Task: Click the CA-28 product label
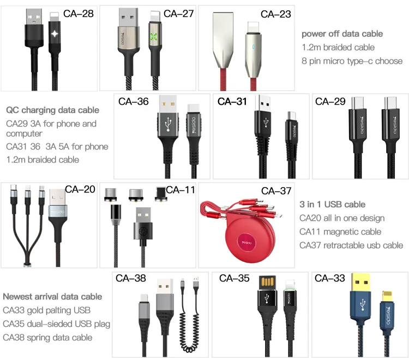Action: (78, 14)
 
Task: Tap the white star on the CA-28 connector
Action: (55, 34)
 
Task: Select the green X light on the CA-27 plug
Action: (154, 37)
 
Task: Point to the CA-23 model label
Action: (276, 14)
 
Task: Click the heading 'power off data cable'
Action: (342, 34)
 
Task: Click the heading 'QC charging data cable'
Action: (52, 110)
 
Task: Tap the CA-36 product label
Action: (133, 101)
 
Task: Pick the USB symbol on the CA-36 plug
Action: (169, 124)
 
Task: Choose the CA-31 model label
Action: (232, 101)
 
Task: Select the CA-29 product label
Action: (330, 101)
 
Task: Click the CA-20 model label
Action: (80, 189)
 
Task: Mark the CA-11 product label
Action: (181, 190)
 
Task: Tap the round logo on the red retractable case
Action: (246, 243)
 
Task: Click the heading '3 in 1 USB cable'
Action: (332, 204)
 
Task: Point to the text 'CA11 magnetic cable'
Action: (340, 232)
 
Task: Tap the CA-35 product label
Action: (234, 278)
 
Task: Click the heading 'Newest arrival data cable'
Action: (52, 297)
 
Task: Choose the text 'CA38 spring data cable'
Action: (47, 338)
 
